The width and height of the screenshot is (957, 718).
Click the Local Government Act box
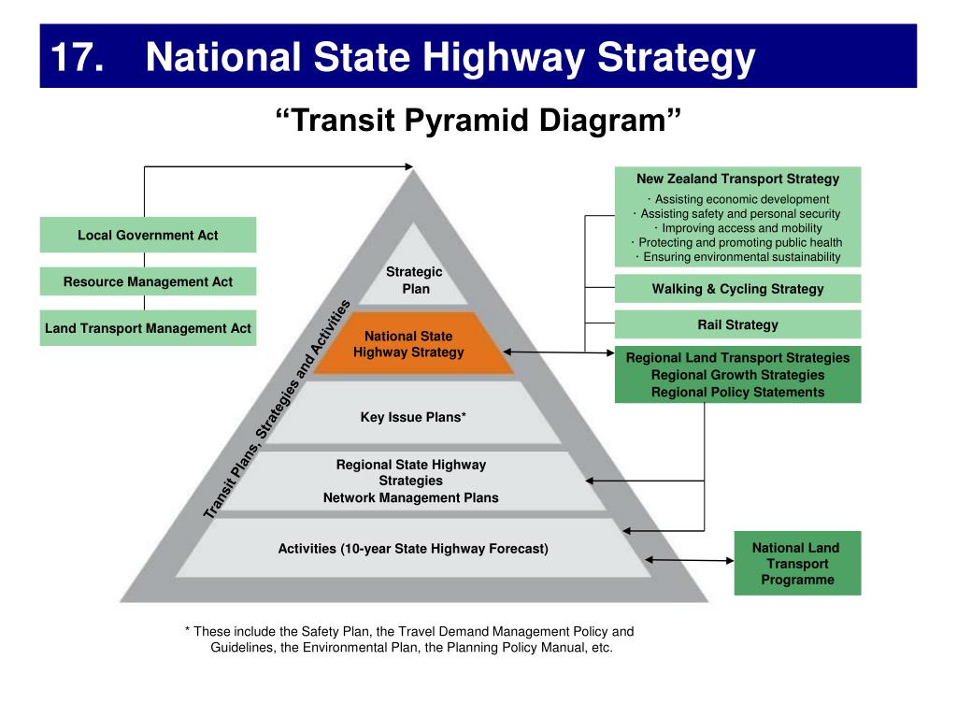click(148, 235)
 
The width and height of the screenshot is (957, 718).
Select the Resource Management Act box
click(148, 281)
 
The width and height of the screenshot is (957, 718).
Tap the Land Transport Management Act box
click(148, 328)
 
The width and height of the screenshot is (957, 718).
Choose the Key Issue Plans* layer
click(413, 417)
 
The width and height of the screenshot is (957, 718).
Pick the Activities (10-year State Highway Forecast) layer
click(413, 549)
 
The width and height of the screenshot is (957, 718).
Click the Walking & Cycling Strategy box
click(737, 289)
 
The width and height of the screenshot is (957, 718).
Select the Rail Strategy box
click(737, 324)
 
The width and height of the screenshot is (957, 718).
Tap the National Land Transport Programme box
click(796, 564)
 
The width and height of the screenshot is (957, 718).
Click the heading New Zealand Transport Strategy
click(737, 179)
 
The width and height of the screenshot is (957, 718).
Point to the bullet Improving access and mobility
click(738, 228)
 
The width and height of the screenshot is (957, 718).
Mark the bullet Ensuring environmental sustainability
click(738, 257)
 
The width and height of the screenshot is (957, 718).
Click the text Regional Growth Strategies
click(737, 375)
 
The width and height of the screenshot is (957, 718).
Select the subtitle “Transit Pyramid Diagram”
click(478, 120)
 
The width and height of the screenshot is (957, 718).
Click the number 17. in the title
click(77, 58)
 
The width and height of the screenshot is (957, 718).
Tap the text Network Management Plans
click(411, 497)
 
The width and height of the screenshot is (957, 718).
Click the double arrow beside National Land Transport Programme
click(690, 561)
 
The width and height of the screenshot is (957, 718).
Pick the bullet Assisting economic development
click(738, 199)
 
